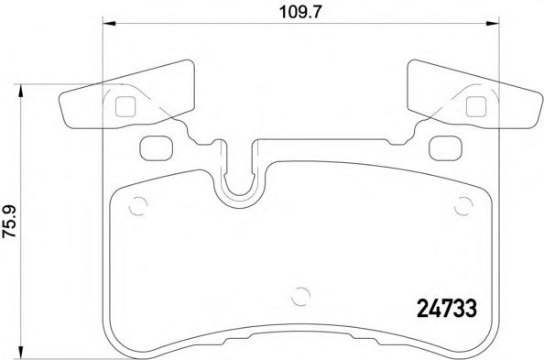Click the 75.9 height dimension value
click(10, 221)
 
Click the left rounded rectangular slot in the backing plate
click(155, 145)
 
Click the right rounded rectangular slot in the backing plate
click(446, 145)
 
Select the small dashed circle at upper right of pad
click(464, 206)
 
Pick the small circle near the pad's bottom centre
click(299, 296)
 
